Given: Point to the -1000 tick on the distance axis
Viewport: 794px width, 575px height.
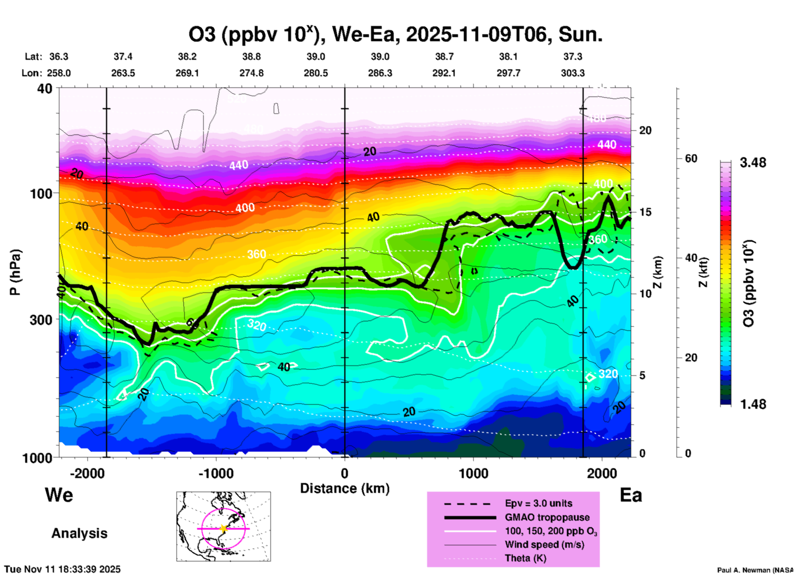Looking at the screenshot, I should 216,473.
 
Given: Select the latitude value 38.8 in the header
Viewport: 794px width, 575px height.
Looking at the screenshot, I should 251,57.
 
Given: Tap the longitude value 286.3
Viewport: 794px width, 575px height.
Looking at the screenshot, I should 380,73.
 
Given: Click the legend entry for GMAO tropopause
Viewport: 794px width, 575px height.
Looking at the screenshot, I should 547,517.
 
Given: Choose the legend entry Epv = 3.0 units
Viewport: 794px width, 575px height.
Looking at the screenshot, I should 538,503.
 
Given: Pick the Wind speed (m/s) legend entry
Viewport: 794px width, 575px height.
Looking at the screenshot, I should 544,544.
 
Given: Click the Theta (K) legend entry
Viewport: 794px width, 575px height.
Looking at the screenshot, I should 525,558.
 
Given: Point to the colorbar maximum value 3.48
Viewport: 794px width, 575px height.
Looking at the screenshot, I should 753,163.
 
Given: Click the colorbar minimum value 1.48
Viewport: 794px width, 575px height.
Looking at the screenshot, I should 753,404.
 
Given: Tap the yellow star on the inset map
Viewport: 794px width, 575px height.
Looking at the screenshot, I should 223,528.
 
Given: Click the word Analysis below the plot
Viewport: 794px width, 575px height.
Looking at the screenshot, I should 79,533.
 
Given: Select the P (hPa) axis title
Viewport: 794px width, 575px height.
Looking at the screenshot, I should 15,272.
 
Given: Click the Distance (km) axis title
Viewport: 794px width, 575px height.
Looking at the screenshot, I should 345,488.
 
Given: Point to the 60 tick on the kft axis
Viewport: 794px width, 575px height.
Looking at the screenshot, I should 691,158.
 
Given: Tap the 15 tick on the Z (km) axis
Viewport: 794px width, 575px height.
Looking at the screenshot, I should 645,212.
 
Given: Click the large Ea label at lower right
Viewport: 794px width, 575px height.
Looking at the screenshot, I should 631,495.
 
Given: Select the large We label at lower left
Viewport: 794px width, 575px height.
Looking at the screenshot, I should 59,495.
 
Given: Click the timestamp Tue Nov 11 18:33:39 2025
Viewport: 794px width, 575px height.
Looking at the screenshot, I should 63,569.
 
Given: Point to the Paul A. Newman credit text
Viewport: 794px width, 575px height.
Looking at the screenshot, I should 754,570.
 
